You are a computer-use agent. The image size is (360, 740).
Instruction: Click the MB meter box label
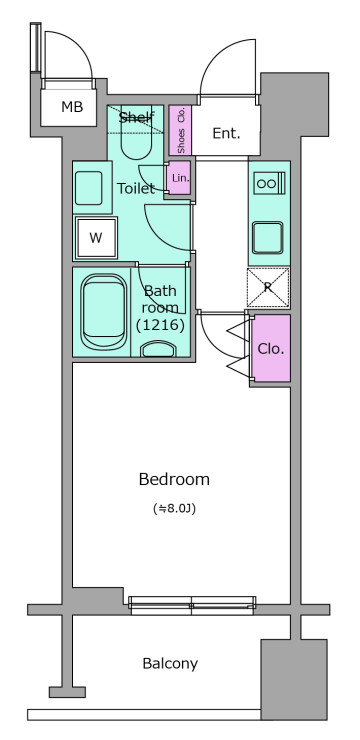pyautogui.click(x=72, y=107)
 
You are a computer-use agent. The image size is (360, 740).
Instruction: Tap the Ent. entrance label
pyautogui.click(x=226, y=134)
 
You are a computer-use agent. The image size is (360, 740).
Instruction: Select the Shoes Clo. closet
pyautogui.click(x=180, y=130)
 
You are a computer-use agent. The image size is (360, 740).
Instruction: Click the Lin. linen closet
pyautogui.click(x=179, y=178)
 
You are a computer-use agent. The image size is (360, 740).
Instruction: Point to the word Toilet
pyautogui.click(x=136, y=189)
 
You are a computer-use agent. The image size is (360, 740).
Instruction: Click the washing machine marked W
pyautogui.click(x=96, y=238)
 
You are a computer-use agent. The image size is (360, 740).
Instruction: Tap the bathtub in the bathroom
pyautogui.click(x=104, y=312)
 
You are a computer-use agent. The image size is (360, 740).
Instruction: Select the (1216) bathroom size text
pyautogui.click(x=160, y=325)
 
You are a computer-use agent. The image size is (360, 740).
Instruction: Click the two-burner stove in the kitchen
pyautogui.click(x=269, y=183)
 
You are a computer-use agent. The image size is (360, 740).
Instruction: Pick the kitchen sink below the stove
pyautogui.click(x=268, y=238)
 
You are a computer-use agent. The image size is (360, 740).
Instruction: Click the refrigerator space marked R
pyautogui.click(x=268, y=287)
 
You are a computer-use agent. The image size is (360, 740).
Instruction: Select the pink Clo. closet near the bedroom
pyautogui.click(x=271, y=348)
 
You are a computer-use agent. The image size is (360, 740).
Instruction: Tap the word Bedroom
pyautogui.click(x=174, y=479)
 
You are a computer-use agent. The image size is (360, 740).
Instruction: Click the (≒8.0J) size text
pyautogui.click(x=174, y=509)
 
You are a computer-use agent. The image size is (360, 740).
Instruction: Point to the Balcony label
pyautogui.click(x=170, y=664)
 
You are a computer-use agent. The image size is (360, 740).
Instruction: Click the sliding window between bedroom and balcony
pyautogui.click(x=192, y=605)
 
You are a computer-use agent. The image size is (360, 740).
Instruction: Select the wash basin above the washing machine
pyautogui.click(x=89, y=188)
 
